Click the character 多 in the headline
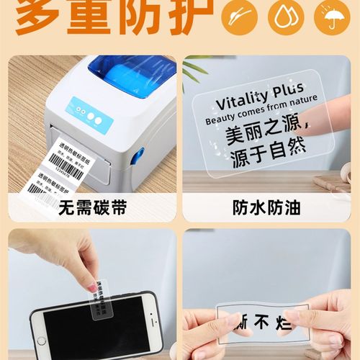pos(40,16)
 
